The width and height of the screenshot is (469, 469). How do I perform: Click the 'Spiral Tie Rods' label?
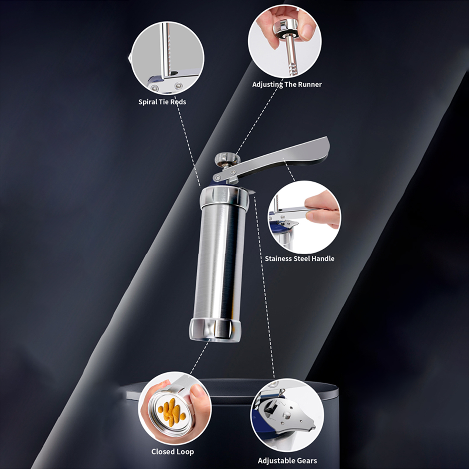[162, 102]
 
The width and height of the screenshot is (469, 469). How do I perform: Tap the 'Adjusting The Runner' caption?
[287, 84]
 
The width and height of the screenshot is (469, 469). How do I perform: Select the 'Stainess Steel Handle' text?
[300, 259]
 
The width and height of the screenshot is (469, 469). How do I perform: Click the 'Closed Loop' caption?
[173, 452]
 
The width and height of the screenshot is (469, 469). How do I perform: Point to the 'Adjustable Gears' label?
[287, 460]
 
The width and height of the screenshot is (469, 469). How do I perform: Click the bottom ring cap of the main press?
[215, 330]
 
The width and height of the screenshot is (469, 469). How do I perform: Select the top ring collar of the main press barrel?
[225, 195]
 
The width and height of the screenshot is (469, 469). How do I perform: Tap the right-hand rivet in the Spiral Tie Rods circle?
[178, 86]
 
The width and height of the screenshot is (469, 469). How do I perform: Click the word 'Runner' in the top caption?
[309, 84]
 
